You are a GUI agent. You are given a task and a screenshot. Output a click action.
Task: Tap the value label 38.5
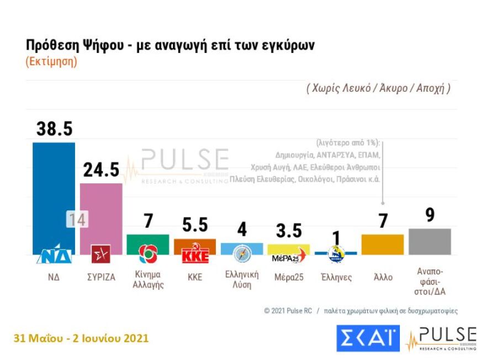[54, 129]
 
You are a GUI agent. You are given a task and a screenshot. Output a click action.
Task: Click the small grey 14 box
[77, 220]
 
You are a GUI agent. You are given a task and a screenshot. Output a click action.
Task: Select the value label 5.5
[195, 225]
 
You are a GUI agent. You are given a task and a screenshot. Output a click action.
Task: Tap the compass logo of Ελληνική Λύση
[242, 253]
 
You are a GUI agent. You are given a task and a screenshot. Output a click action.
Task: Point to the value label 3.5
[289, 230]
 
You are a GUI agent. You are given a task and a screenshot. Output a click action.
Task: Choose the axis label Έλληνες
[336, 278]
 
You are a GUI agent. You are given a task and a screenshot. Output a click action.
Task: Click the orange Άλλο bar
[383, 244]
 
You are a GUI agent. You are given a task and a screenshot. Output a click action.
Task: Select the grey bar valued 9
[430, 241]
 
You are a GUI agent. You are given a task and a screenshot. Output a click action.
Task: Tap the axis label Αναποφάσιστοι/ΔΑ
[430, 281]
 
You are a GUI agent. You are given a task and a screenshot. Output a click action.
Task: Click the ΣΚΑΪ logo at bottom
[368, 338]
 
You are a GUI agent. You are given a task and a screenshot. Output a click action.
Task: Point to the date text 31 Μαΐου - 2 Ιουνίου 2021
[82, 338]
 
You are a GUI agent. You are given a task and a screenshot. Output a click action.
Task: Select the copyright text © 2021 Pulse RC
[288, 311]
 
